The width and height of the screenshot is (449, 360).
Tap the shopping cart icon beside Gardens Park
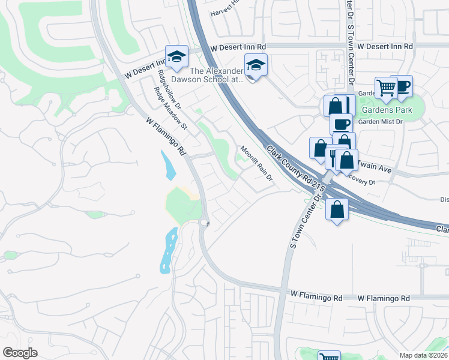click(x=386, y=88)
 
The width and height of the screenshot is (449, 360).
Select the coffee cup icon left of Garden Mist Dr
click(x=341, y=124)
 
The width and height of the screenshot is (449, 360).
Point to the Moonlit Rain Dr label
click(x=257, y=164)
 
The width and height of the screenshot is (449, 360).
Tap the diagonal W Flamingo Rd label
click(x=165, y=136)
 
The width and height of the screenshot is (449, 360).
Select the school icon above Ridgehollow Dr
click(x=176, y=56)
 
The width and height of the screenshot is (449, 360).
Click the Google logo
click(x=20, y=352)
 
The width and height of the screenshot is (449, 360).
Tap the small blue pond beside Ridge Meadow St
click(x=169, y=164)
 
